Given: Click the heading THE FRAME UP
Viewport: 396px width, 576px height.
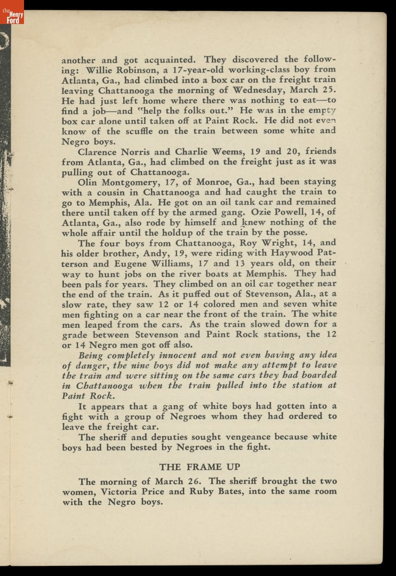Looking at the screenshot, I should pos(200,467).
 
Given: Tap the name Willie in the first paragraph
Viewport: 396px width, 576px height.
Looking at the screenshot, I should pos(100,69).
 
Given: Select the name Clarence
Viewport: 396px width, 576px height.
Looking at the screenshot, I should pos(99,151).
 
